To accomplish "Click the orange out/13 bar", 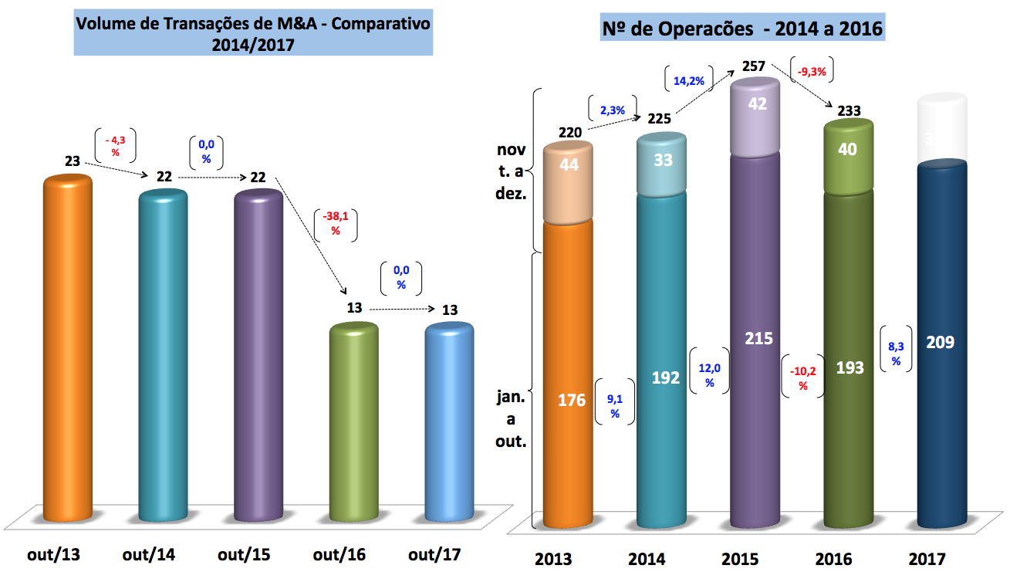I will pyautogui.click(x=67, y=347).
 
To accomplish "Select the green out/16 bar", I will pyautogui.click(x=354, y=421).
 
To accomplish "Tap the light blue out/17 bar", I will pyautogui.click(x=449, y=421).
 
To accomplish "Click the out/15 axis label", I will pyautogui.click(x=243, y=554).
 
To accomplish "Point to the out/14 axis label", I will pyautogui.click(x=148, y=554).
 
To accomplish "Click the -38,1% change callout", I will pyautogui.click(x=335, y=224).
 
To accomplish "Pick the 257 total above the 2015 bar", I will pyautogui.click(x=754, y=66).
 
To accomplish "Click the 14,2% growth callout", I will pyautogui.click(x=687, y=79).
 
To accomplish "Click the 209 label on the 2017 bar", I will pyautogui.click(x=940, y=341).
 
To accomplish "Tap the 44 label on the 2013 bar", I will pyautogui.click(x=569, y=164).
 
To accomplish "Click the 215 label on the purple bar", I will pyautogui.click(x=758, y=338).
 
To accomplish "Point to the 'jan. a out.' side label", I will pyautogui.click(x=511, y=421).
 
